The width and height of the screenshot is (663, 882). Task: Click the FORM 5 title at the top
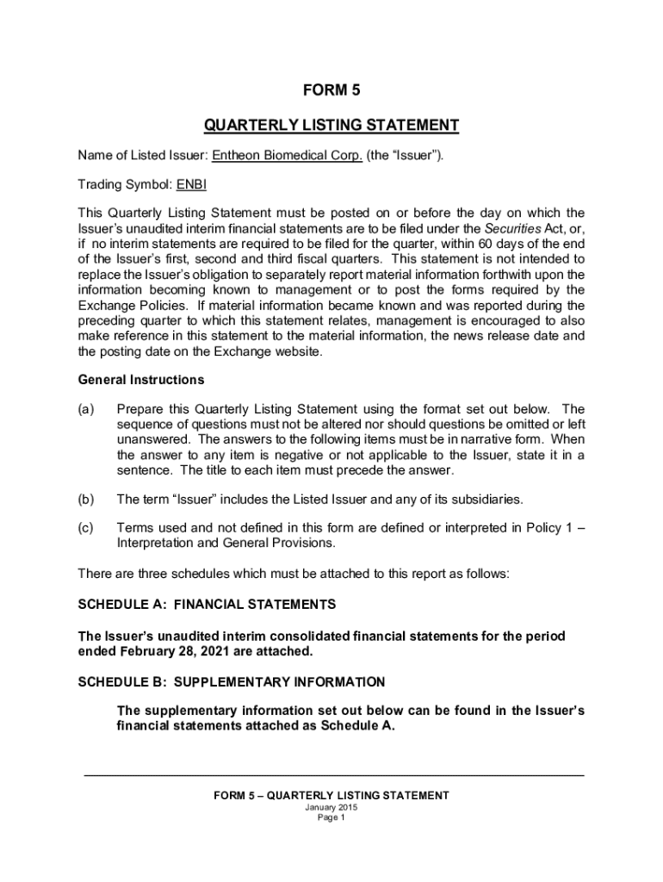[331, 90]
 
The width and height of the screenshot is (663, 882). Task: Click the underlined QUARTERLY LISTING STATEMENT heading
[331, 126]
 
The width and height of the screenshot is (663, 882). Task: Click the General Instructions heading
[141, 380]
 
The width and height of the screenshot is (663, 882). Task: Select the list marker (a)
[86, 408]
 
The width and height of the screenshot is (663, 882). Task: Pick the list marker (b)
[86, 500]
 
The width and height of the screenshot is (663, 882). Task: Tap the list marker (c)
[86, 528]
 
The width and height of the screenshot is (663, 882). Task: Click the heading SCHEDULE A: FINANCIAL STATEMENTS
[207, 604]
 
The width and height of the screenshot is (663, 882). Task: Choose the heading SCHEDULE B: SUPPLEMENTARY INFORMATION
[232, 682]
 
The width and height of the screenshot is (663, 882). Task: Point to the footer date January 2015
[331, 807]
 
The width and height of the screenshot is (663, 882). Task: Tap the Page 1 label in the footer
[331, 818]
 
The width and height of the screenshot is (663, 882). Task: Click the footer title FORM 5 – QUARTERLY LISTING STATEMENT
[331, 795]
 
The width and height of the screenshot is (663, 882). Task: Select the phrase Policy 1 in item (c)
[547, 528]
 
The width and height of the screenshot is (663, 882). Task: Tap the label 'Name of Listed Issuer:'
[142, 156]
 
